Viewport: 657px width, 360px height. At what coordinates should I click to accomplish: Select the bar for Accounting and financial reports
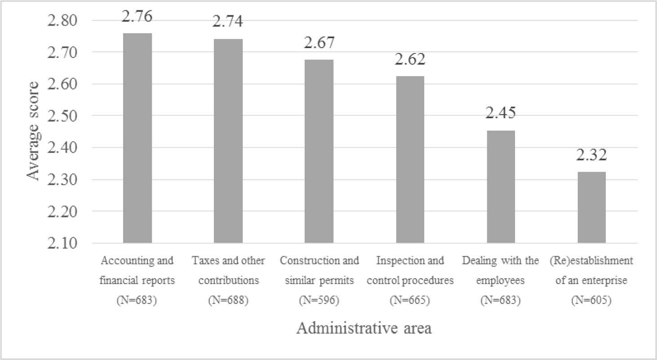coord(137,138)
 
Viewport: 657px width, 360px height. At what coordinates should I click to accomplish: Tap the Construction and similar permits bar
coord(319,151)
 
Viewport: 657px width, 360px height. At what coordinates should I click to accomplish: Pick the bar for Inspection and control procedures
coord(410,160)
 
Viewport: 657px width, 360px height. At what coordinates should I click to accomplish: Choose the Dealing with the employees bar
coord(501,187)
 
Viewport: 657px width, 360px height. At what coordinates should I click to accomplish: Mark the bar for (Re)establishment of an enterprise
coord(591,207)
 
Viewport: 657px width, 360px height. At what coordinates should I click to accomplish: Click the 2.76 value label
coord(137,16)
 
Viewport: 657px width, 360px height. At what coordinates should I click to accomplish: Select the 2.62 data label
coord(410,59)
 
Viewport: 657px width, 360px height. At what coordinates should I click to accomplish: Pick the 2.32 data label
coord(591,155)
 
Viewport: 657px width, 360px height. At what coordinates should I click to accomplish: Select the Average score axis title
coord(33,131)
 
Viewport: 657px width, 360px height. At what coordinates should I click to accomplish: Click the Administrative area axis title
coord(364,329)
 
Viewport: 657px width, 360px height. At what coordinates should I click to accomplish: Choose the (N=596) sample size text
coord(319,301)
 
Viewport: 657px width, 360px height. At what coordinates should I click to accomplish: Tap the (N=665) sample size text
coord(410,301)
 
